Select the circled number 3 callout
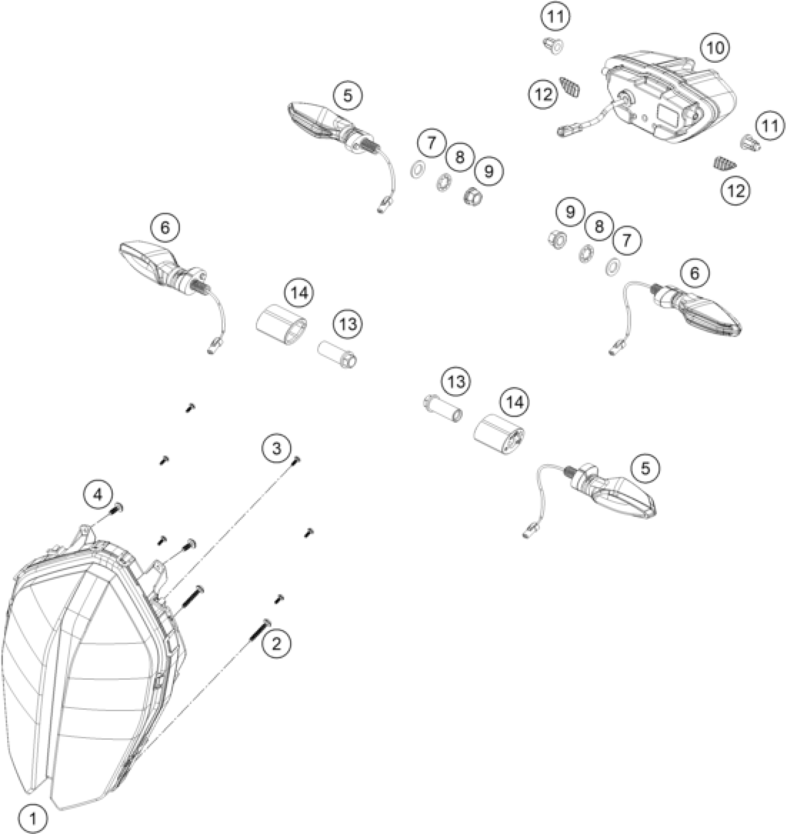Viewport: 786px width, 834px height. pyautogui.click(x=276, y=448)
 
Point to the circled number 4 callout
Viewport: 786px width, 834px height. pyautogui.click(x=98, y=495)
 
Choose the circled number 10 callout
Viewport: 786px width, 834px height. pyautogui.click(x=715, y=48)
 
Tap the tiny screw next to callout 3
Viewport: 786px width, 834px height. pyautogui.click(x=296, y=460)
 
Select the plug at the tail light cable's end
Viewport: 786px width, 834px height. pyautogui.click(x=563, y=132)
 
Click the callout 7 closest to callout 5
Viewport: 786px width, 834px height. pyautogui.click(x=431, y=143)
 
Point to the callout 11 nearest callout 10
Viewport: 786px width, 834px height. pyautogui.click(x=770, y=126)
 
